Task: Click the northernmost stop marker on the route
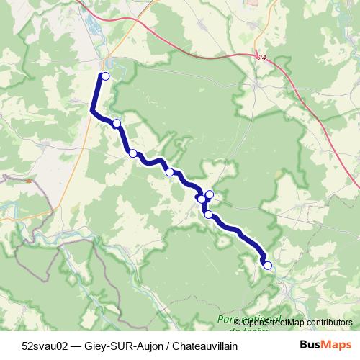tap(105, 76)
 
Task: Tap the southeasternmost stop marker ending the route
tap(268, 265)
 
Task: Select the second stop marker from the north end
tap(117, 123)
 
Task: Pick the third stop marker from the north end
tap(132, 153)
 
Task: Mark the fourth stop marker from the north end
tap(169, 172)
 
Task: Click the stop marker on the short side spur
tap(210, 194)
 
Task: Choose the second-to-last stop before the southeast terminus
tap(208, 214)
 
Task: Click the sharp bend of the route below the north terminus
tap(93, 110)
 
